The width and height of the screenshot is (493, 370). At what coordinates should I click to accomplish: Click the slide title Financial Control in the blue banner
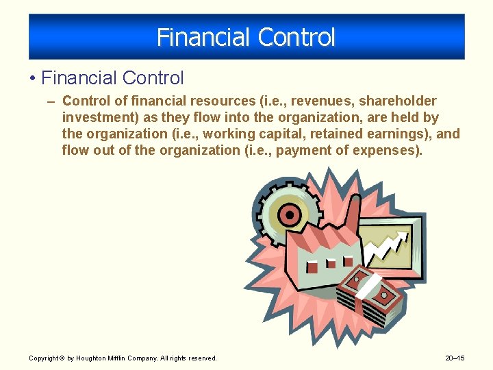coord(246,37)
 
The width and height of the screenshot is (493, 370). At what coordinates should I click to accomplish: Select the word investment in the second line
coord(94,118)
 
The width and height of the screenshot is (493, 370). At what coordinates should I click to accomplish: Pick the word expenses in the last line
coord(385,149)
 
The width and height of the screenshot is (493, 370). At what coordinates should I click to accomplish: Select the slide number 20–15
coord(455,358)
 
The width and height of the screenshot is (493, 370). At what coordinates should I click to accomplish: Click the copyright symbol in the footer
coord(62,358)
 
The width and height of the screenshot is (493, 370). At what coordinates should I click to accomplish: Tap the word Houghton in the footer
coord(90,358)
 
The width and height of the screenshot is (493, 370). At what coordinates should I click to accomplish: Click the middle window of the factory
coord(331,264)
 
